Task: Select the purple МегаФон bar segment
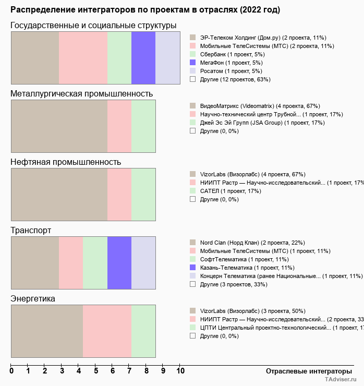click(143, 57)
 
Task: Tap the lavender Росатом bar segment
click(167, 57)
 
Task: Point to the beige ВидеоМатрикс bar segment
click(59, 126)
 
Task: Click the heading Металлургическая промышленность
click(82, 94)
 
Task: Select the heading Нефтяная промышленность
click(66, 162)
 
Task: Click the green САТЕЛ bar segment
click(143, 194)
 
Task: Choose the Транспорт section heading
click(31, 231)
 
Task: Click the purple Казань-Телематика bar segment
click(119, 262)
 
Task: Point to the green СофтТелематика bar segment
click(95, 262)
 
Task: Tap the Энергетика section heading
click(33, 299)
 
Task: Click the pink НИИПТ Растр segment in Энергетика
click(107, 331)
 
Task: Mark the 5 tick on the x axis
click(96, 371)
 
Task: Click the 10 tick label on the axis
click(180, 371)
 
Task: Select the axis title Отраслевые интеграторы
click(306, 371)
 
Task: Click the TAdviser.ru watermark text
click(341, 380)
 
